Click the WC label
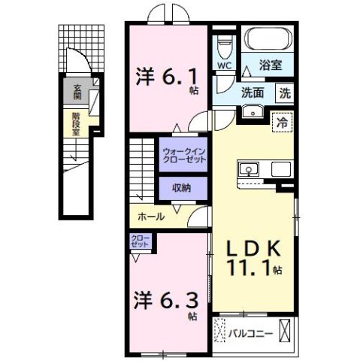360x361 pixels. coord(225,65)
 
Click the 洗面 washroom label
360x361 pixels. coord(252,94)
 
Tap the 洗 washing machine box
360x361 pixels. coord(285,94)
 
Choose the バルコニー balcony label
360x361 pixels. coord(250,331)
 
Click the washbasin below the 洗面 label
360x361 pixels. coord(252,112)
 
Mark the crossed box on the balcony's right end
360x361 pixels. coord(286,329)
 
